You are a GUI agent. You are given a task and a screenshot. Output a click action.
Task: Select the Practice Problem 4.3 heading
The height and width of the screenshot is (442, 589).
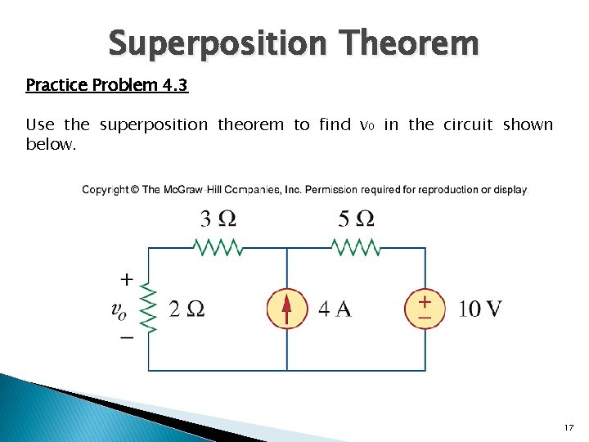pos(107,85)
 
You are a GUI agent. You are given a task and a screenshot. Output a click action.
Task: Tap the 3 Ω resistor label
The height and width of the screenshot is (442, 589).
pos(218,219)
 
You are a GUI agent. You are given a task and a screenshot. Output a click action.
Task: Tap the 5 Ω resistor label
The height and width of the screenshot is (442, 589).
pos(356,219)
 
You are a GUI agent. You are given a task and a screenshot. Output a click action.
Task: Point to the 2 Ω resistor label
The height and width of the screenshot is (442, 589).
pos(187,309)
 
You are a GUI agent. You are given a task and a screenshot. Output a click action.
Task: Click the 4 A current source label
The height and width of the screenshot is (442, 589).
pos(335,309)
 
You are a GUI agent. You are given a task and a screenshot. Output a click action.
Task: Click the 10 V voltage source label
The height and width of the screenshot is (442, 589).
pos(480,309)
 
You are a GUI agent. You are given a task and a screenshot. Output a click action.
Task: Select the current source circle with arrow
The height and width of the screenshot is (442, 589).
pos(286,309)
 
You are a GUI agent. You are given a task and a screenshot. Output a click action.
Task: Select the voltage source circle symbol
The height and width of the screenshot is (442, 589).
pos(425,309)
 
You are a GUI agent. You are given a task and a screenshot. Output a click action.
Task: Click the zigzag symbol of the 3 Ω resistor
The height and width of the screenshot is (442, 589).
pos(217,246)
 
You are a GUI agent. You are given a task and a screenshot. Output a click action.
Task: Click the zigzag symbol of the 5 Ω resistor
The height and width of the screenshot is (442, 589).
pos(356,246)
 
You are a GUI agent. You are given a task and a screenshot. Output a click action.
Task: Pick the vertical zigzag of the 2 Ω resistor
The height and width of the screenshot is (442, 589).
pos(148,308)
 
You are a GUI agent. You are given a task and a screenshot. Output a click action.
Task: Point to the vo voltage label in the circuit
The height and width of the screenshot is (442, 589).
pos(119,309)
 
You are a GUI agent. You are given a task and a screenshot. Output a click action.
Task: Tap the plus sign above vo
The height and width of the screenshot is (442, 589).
pos(127,279)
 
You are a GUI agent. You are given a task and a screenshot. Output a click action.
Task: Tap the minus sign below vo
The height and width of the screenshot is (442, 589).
pos(127,337)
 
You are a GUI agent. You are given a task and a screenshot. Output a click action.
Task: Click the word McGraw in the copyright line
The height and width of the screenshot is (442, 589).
pos(183,190)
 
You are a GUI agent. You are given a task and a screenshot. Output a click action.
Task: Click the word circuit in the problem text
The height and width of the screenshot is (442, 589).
pos(468,124)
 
